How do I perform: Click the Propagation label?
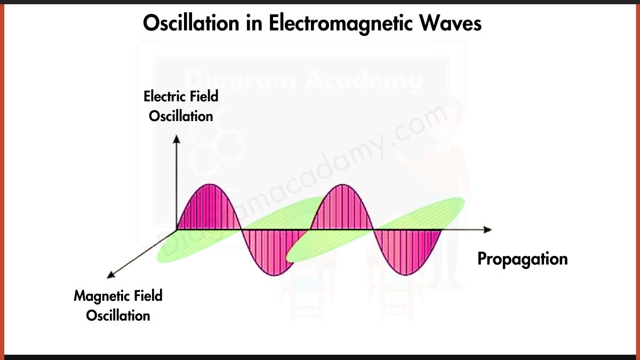[522, 259]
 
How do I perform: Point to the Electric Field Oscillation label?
[181, 106]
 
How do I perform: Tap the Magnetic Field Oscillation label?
[118, 305]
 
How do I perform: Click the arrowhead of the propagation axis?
[487, 229]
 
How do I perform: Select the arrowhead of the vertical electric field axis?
[177, 139]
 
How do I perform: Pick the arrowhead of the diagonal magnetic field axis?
[111, 275]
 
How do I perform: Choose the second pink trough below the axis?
[408, 253]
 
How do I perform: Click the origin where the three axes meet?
[177, 229]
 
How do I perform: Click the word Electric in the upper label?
[163, 97]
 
